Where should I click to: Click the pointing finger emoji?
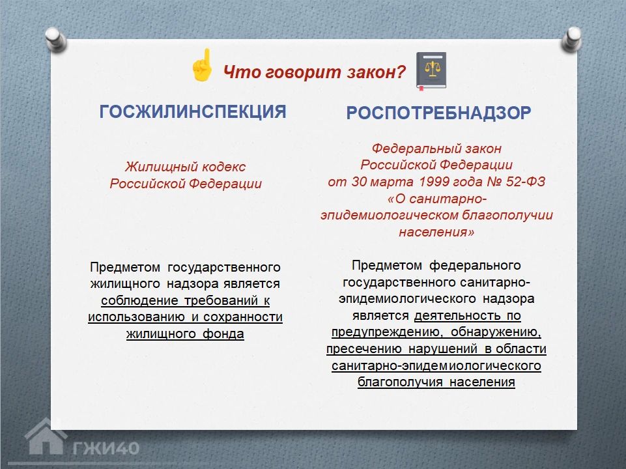[x=203, y=65]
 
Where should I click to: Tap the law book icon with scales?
[x=431, y=70]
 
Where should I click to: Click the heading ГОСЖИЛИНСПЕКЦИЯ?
[x=193, y=112]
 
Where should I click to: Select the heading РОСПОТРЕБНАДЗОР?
[x=438, y=113]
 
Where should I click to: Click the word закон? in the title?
[x=376, y=72]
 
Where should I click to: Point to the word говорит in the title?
[x=303, y=72]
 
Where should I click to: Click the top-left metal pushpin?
[x=55, y=39]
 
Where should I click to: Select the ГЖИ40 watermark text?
[x=106, y=448]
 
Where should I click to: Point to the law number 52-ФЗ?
[x=526, y=182]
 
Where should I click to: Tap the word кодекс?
[x=224, y=167]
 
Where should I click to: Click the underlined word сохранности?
[x=243, y=317]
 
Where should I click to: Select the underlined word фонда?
[x=223, y=334]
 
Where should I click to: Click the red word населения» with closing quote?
[x=436, y=232]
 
